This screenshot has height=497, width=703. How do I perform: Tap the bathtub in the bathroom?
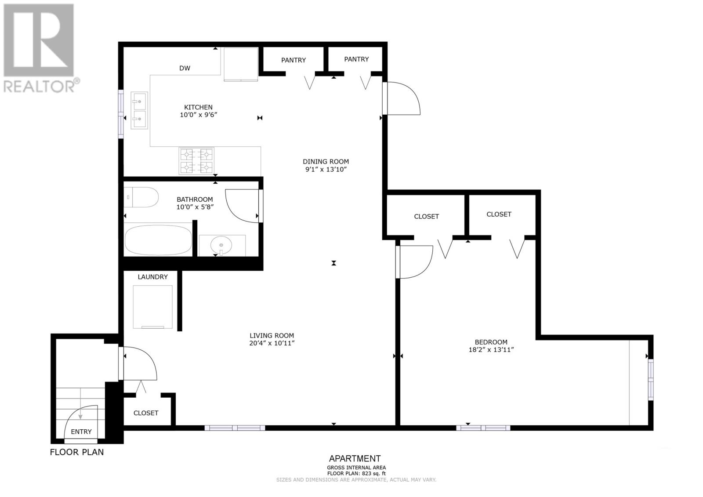(x=159, y=240)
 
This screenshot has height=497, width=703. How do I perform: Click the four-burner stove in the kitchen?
(x=196, y=161)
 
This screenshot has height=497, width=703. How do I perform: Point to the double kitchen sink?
(x=139, y=110)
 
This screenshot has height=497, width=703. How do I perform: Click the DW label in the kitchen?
(x=185, y=68)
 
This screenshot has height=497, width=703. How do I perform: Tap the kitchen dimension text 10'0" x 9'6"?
(x=199, y=115)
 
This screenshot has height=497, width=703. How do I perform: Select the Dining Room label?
(x=326, y=161)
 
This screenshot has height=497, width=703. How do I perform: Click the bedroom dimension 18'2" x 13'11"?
(x=491, y=350)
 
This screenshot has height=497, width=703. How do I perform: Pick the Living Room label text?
(x=272, y=335)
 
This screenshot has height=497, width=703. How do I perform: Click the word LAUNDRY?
(x=152, y=277)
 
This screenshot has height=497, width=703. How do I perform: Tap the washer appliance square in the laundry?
(x=152, y=307)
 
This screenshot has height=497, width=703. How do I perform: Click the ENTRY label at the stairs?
(x=81, y=432)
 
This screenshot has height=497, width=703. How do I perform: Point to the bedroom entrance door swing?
(x=415, y=262)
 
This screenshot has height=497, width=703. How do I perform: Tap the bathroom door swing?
(x=241, y=206)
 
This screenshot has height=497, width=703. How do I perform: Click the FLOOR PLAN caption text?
(x=77, y=452)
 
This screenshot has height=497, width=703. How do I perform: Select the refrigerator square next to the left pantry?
(x=240, y=64)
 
